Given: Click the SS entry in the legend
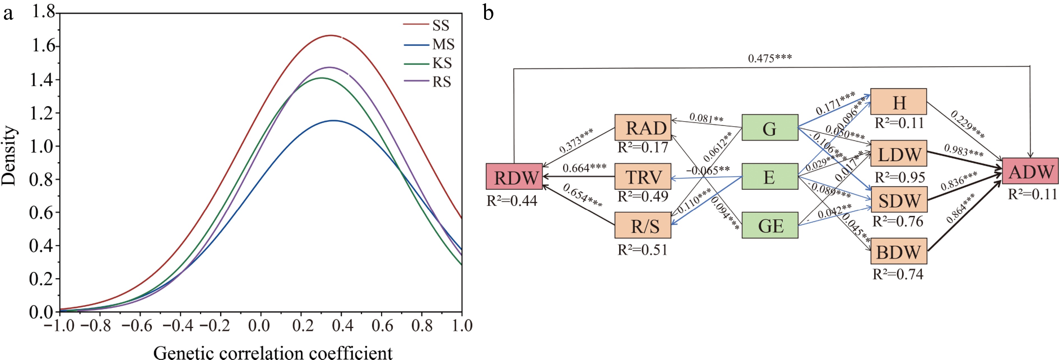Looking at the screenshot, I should point(440,25).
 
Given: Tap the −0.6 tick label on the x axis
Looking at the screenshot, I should point(137,326).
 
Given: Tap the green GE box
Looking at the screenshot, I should point(770,225).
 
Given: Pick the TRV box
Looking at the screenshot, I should point(643,177).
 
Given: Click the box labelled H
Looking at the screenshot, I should point(899,101).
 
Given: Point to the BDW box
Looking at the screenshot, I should point(899,251).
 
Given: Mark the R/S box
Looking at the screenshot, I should point(643,225).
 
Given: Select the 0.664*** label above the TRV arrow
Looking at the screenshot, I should point(584,168).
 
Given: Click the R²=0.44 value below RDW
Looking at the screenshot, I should point(512,201).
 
